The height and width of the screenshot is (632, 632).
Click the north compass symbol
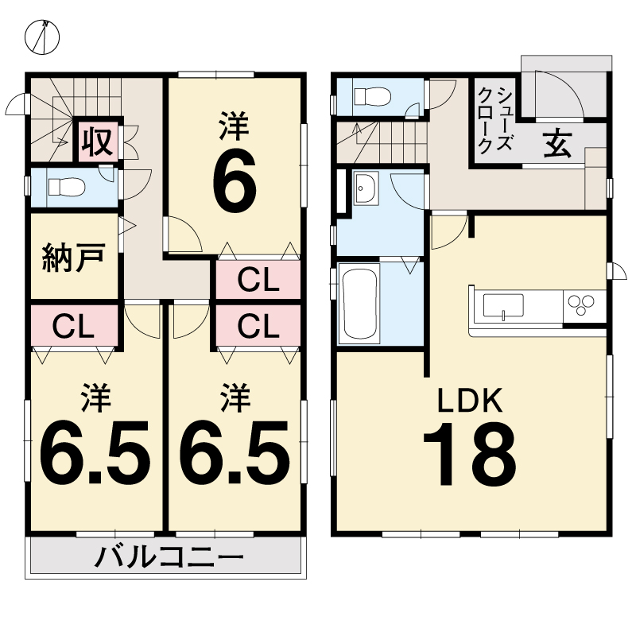click(x=42, y=37)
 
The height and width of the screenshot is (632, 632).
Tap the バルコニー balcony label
click(x=169, y=557)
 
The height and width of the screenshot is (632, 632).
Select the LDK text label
click(x=471, y=400)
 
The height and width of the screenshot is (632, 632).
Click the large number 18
click(x=470, y=454)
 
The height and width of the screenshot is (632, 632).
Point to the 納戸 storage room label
click(x=74, y=257)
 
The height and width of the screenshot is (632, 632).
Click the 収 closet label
click(x=97, y=141)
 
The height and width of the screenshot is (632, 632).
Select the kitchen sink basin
click(x=503, y=306)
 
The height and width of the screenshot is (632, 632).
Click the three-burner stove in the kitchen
click(x=581, y=304)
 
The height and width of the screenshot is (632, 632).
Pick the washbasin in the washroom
click(x=366, y=188)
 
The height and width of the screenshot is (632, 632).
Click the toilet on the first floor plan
click(x=372, y=97)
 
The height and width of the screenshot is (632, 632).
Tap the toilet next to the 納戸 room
click(x=67, y=188)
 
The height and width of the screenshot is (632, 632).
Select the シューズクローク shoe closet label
click(x=494, y=119)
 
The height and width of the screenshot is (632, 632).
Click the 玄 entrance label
click(x=557, y=143)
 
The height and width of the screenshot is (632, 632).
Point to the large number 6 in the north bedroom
click(x=235, y=184)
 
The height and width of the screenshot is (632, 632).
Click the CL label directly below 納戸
click(x=73, y=327)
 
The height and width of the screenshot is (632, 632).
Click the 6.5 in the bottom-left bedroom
click(x=95, y=452)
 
